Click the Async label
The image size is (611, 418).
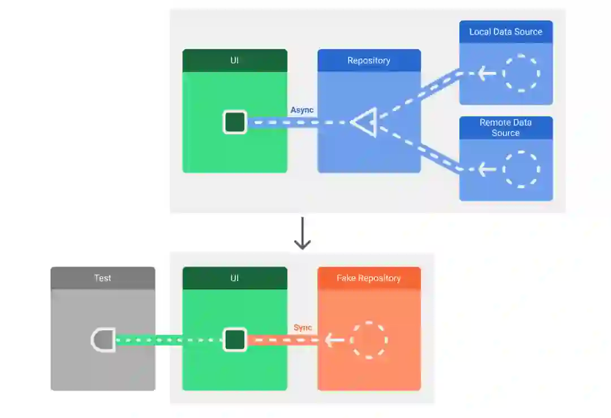[x=302, y=110]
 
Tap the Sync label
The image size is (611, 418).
[x=303, y=328]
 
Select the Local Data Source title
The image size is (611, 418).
[x=506, y=32]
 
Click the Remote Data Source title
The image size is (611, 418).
[x=506, y=127]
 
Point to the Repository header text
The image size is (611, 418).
[x=369, y=61]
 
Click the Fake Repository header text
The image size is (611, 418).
[x=369, y=278]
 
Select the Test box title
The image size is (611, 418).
[x=102, y=278]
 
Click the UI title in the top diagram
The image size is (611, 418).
[x=234, y=61]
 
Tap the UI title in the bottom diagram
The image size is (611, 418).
[x=234, y=278]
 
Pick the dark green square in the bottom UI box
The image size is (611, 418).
[x=235, y=340]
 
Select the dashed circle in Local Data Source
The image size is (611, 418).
[x=521, y=73]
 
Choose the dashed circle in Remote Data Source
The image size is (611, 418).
[x=521, y=169]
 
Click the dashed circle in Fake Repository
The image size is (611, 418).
[x=369, y=340]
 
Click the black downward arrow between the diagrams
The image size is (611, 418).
[x=303, y=233]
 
